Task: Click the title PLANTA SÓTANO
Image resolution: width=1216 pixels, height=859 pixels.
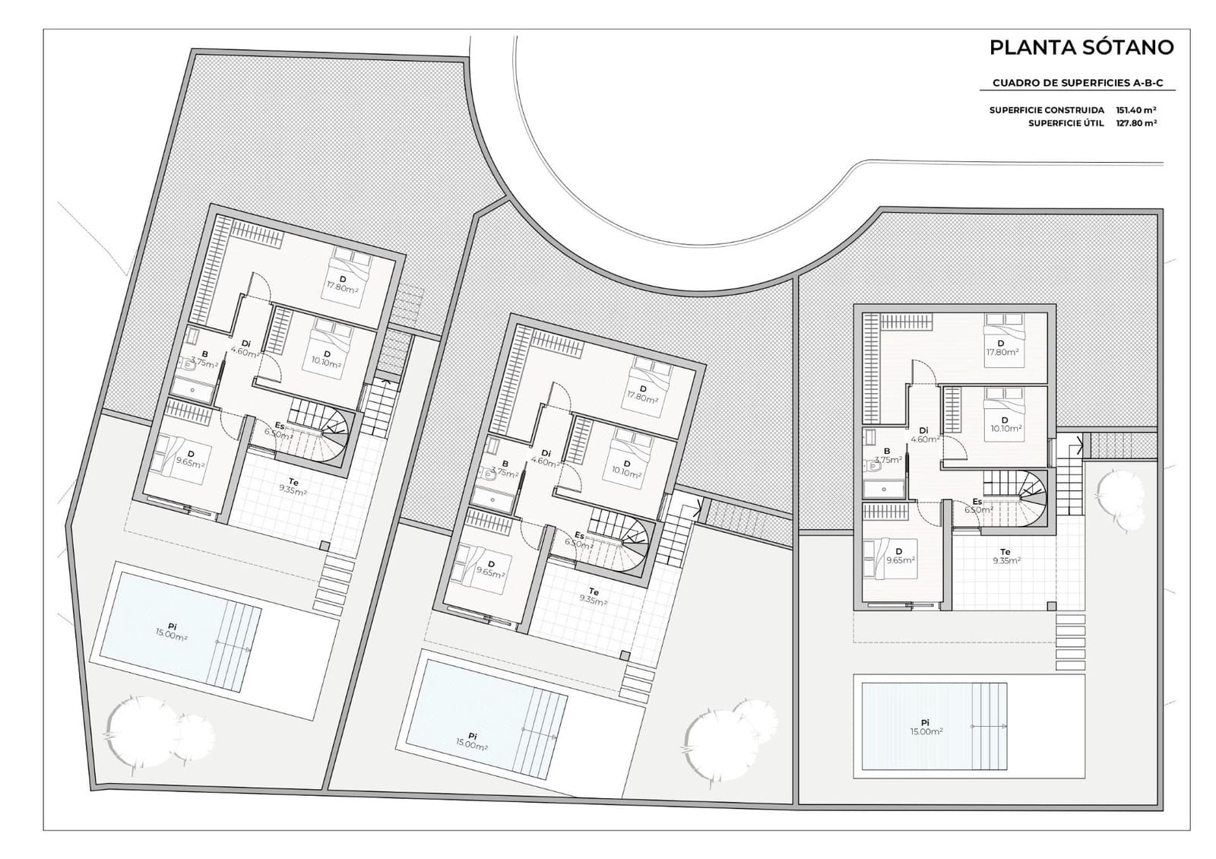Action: (x=1081, y=47)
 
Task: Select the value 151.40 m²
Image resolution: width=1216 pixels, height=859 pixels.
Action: (x=1136, y=109)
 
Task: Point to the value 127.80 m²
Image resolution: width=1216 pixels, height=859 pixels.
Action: (x=1136, y=123)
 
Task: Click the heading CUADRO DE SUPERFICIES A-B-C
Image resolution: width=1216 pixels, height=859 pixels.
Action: (x=1078, y=83)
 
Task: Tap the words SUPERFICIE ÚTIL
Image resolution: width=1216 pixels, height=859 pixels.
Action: (x=1066, y=123)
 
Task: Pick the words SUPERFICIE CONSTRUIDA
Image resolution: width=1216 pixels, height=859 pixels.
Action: (x=1047, y=110)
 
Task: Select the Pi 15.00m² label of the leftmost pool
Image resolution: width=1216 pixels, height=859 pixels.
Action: (x=172, y=632)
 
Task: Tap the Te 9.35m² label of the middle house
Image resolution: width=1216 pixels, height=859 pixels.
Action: (x=592, y=596)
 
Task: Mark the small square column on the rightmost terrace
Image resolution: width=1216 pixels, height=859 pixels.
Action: (x=1052, y=607)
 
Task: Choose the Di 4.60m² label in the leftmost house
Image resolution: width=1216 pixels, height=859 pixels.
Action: (x=245, y=347)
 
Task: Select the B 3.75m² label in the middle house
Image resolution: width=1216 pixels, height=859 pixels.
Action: (x=505, y=468)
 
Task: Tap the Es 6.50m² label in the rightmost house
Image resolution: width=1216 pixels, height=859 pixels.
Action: (x=978, y=506)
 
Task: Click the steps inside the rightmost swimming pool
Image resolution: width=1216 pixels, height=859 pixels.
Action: (x=986, y=726)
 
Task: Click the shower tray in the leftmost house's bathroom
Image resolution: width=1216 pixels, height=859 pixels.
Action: (x=193, y=390)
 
